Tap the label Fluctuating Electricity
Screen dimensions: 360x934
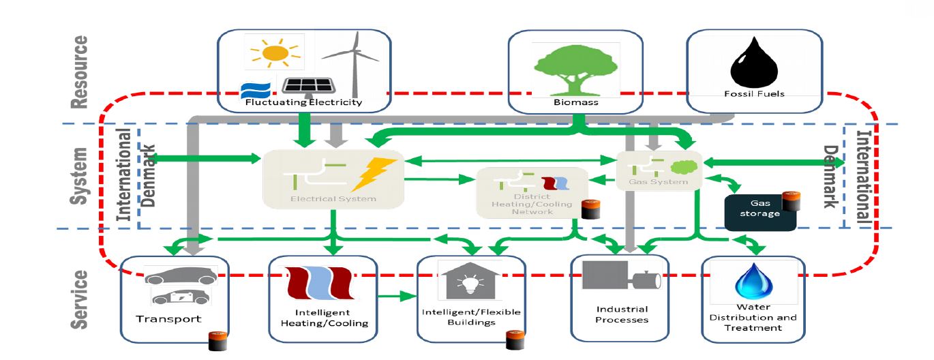(304, 103)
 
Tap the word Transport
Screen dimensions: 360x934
(168, 319)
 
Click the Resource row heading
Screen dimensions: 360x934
(80, 72)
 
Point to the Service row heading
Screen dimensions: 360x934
(80, 299)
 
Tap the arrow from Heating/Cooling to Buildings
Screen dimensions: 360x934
(397, 297)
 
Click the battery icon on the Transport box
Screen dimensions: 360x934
(218, 340)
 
